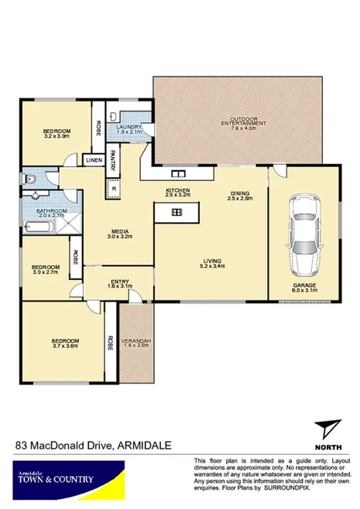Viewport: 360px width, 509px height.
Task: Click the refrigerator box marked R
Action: [115, 188]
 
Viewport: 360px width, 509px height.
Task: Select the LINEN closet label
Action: [94, 160]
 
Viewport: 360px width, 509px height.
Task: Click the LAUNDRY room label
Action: [129, 127]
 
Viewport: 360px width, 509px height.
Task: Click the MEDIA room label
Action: [118, 231]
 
